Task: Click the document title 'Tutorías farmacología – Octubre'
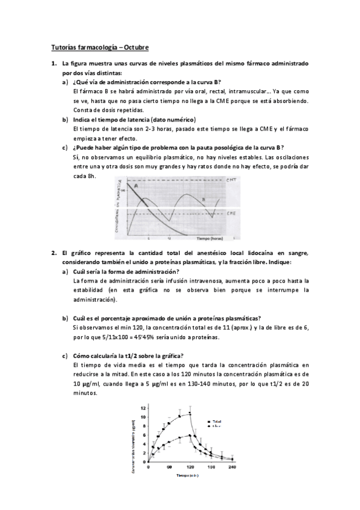click(98, 47)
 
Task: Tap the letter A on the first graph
click(136, 186)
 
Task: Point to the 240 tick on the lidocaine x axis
click(232, 467)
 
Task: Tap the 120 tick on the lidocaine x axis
click(191, 467)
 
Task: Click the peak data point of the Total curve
click(191, 413)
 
